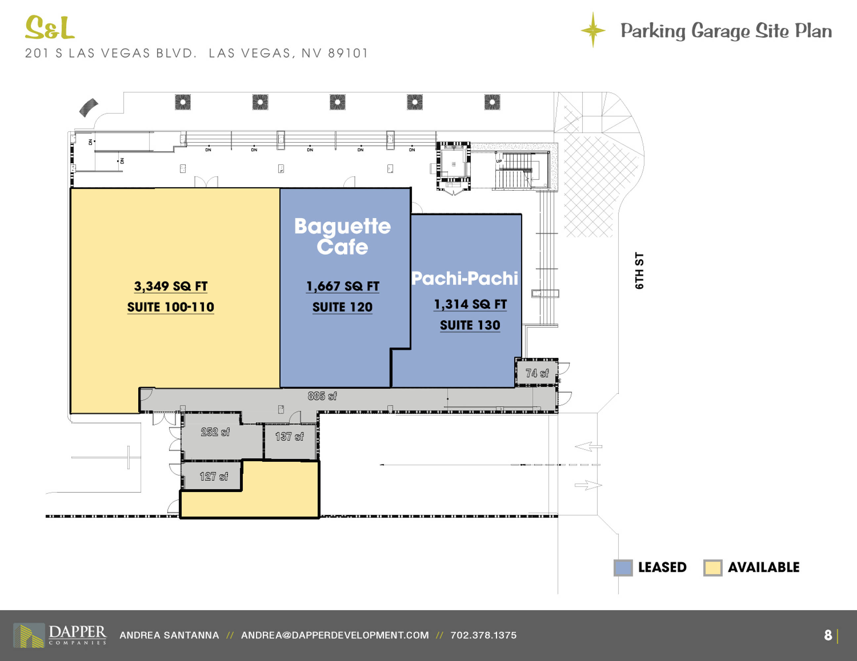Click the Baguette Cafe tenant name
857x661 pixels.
coord(342,236)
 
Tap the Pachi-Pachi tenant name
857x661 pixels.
coord(465,278)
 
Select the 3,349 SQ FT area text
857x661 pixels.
coord(171,286)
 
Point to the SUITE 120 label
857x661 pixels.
coord(342,307)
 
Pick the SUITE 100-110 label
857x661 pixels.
coord(171,307)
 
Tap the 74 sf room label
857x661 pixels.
coord(537,373)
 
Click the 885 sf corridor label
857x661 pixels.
coord(322,396)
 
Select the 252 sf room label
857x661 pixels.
coord(215,432)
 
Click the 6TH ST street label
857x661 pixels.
coord(639,271)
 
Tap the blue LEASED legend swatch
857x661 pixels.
coord(623,568)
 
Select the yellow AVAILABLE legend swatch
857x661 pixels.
coord(712,568)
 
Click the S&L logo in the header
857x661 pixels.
coord(50,27)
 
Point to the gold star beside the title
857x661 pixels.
coord(593,30)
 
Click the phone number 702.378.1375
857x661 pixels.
coord(484,635)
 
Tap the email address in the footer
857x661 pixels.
coord(335,635)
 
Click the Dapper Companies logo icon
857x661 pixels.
coord(29,635)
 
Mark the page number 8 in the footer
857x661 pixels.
coord(828,635)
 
